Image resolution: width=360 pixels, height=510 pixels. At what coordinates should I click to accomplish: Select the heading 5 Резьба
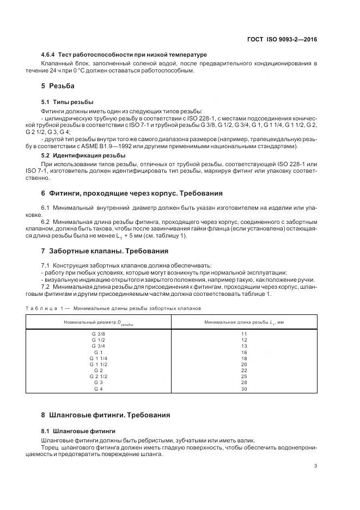point(58,86)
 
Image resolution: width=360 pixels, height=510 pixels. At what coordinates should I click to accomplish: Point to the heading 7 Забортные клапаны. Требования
point(105,251)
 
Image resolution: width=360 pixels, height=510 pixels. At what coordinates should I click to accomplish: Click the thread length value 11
point(244,333)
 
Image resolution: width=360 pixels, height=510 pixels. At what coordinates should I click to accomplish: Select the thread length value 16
point(244,352)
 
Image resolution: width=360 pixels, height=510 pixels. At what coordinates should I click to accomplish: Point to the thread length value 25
point(244,377)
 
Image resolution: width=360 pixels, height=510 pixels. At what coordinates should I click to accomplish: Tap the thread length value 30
point(244,389)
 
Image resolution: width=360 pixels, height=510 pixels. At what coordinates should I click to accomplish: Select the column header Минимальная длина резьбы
point(244,323)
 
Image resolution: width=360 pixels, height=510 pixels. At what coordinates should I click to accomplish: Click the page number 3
point(316,466)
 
